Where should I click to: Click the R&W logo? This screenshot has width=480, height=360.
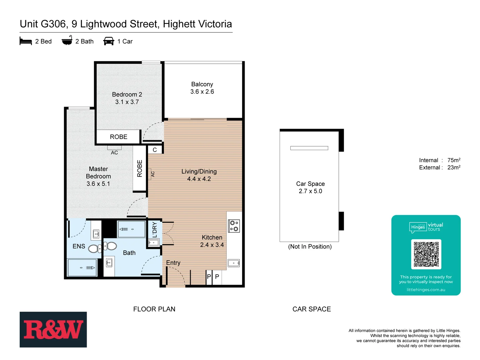pos(53,329)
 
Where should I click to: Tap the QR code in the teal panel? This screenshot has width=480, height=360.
pos(426,254)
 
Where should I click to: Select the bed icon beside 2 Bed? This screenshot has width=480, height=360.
pos(26,41)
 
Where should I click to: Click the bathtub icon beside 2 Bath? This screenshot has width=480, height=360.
pos(67,41)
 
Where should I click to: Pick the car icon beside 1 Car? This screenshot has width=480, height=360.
pos(109,41)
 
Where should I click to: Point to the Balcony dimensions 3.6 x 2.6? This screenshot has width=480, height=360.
pos(202,92)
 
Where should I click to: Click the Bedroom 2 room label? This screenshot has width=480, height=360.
pos(127,95)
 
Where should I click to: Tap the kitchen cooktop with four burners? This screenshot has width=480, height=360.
pos(234,226)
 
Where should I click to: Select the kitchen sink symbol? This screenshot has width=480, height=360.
pos(234,263)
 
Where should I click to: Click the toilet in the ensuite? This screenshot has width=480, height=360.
pos(95,248)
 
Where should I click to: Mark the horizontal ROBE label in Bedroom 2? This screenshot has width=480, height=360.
pos(118,137)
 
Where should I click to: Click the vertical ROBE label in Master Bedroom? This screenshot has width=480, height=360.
pos(140,168)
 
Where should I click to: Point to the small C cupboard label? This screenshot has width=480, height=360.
pos(155,150)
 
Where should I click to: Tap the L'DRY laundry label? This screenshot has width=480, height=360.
pos(155,230)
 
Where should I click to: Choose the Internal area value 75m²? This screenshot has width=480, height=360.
pos(454,160)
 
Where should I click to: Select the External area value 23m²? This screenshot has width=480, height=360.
pos(454,168)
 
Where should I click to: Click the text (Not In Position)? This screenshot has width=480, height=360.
pos(310,247)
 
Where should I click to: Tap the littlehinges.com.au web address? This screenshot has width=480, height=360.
pos(426,290)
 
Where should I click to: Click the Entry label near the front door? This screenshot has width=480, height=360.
pos(173,263)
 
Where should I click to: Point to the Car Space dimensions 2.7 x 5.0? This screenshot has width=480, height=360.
pos(310,191)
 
